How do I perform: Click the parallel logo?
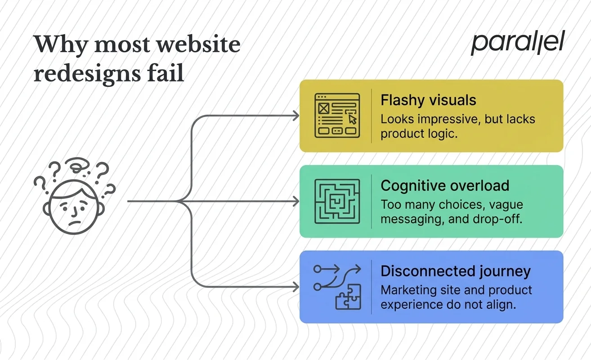517,44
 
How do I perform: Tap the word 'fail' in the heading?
169,73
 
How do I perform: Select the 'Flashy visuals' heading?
428,100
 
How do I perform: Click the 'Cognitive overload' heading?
444,185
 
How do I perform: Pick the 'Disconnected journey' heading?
455,271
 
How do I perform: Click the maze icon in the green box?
336,201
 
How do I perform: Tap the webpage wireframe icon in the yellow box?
336,116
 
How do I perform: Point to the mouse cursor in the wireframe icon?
352,118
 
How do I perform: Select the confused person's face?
72,208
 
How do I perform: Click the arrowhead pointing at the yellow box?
296,116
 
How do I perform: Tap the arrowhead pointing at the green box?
296,201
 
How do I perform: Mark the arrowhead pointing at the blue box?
296,287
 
